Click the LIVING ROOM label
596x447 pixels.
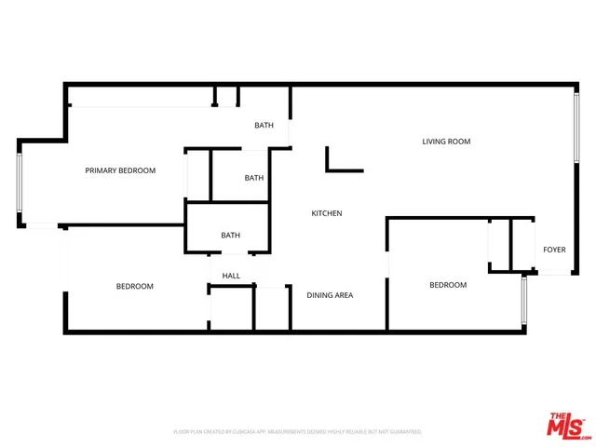click(446, 142)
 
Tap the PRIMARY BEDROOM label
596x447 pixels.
click(120, 170)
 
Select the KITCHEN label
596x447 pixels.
click(326, 213)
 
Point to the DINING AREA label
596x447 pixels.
click(330, 295)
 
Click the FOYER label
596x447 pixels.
click(554, 250)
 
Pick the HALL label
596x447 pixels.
click(231, 276)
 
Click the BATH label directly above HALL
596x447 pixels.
click(231, 236)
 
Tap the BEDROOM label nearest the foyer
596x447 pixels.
click(447, 285)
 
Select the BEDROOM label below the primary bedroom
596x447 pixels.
click(134, 286)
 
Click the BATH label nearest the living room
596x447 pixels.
click(264, 125)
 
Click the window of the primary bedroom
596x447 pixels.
click(20, 183)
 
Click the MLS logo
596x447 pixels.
click(568, 424)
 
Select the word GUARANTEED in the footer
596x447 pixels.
click(403, 432)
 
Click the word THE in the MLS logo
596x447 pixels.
click(556, 415)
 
